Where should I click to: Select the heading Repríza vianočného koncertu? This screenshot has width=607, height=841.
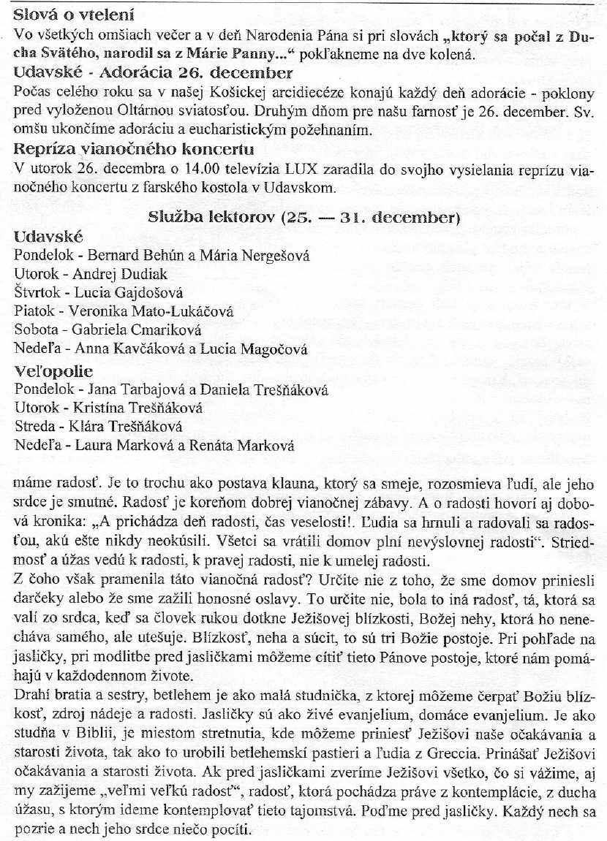point(135,150)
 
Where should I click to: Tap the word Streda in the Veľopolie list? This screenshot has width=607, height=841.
point(32,426)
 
